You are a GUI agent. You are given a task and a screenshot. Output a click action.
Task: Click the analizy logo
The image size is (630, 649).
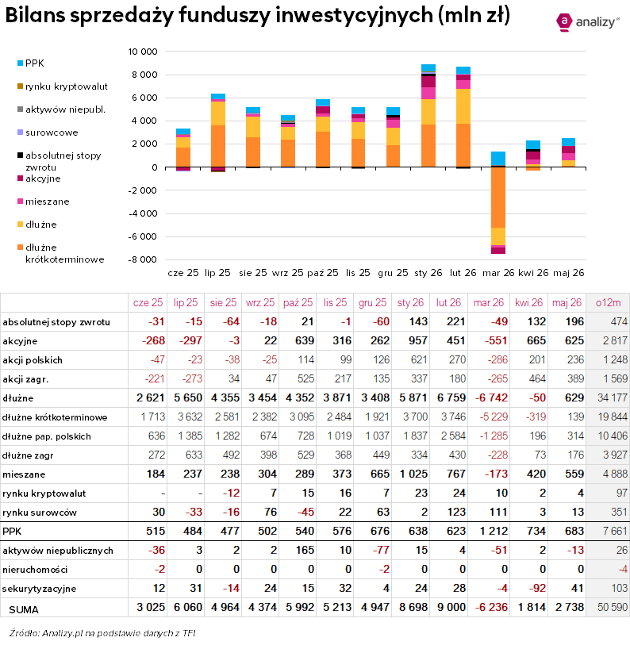tap(588, 22)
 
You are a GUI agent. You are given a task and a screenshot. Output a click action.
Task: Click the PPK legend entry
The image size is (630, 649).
tap(31, 63)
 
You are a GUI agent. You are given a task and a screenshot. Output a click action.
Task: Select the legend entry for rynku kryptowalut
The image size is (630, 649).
tap(62, 86)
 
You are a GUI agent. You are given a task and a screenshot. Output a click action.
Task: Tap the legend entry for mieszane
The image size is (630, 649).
tap(43, 202)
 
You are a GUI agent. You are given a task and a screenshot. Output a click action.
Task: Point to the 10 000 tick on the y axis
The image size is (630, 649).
tap(143, 52)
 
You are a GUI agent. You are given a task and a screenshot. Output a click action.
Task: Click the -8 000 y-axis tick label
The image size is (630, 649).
tap(143, 259)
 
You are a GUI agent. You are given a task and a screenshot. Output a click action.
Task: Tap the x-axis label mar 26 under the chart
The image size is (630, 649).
tap(498, 273)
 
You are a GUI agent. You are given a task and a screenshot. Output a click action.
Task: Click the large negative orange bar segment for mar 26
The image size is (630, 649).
tap(498, 198)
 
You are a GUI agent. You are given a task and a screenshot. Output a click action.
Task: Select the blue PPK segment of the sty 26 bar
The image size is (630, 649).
tap(428, 68)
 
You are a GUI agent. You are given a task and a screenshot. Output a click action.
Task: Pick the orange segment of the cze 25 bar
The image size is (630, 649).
tap(183, 157)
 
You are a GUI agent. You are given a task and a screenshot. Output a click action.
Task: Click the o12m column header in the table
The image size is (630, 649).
tap(608, 303)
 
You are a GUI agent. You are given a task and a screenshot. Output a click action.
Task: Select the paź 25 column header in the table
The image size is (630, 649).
tap(298, 303)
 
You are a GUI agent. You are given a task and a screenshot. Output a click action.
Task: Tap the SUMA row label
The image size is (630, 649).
tap(24, 609)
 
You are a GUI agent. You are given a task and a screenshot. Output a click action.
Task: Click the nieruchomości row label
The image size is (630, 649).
tap(35, 570)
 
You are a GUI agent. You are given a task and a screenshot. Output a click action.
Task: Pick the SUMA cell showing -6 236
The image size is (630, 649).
tap(491, 607)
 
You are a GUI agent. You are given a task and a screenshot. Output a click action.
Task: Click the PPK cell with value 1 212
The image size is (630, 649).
tap(494, 531)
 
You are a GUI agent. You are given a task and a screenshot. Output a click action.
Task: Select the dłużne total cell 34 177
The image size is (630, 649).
tap(613, 397)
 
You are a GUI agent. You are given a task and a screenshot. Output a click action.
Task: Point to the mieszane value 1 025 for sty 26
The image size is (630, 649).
tap(413, 474)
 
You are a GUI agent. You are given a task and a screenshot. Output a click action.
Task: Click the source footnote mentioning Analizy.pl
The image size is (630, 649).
tap(102, 633)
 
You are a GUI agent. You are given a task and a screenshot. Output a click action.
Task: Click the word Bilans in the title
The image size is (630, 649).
tap(35, 15)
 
